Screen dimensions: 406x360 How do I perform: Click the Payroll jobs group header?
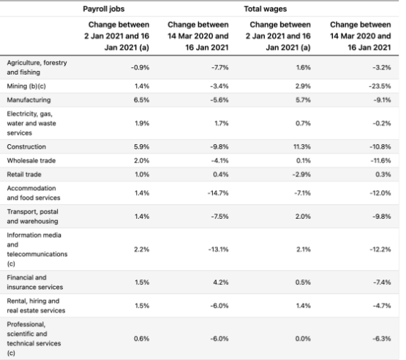click(104, 9)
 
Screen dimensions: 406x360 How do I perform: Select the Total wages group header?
click(266, 9)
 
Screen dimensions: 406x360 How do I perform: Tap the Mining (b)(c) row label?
click(26, 86)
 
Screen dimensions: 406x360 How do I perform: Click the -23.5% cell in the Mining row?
click(380, 86)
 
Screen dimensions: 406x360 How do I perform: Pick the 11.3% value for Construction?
click(302, 147)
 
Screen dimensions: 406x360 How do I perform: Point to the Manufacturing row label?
click(29, 100)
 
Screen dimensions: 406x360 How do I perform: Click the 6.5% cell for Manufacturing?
click(142, 100)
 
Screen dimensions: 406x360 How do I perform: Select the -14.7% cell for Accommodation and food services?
click(218, 193)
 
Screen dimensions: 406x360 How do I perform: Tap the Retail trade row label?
click(24, 174)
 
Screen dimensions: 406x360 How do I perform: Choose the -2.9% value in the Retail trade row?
click(301, 174)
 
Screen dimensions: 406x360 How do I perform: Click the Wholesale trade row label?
click(31, 160)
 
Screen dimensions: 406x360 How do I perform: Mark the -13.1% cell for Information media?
click(219, 250)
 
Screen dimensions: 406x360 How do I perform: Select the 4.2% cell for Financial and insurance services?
click(221, 282)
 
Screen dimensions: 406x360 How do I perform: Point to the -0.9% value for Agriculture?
click(140, 67)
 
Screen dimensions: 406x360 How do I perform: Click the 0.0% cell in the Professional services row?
click(303, 339)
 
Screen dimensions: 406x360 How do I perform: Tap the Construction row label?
click(26, 147)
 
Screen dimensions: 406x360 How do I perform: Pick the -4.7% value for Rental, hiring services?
click(382, 306)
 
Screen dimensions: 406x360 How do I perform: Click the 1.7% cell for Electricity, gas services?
click(222, 123)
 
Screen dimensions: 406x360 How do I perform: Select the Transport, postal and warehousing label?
click(33, 217)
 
